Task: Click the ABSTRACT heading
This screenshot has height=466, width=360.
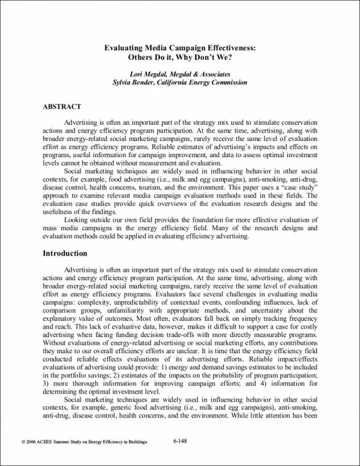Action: [x=62, y=107]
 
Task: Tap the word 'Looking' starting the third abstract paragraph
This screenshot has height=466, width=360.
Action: [x=77, y=221]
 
